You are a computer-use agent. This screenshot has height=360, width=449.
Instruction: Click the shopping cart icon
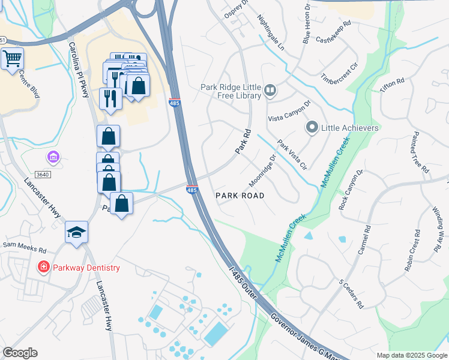point(11,59)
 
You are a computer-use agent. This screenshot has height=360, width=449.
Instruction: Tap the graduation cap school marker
point(77,232)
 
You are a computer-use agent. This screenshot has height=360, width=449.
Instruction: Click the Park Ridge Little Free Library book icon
point(270,91)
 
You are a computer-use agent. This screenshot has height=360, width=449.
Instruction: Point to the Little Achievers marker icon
point(312,128)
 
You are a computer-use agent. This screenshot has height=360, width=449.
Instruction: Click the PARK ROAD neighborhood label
point(240,196)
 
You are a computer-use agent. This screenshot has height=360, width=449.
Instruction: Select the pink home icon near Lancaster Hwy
point(53,157)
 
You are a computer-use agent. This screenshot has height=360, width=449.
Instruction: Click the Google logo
point(20,353)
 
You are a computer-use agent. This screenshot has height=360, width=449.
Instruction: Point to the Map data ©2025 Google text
point(412,355)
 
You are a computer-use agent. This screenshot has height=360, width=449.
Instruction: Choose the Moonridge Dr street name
point(262,171)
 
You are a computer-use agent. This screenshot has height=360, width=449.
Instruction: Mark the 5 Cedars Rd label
point(351,293)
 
